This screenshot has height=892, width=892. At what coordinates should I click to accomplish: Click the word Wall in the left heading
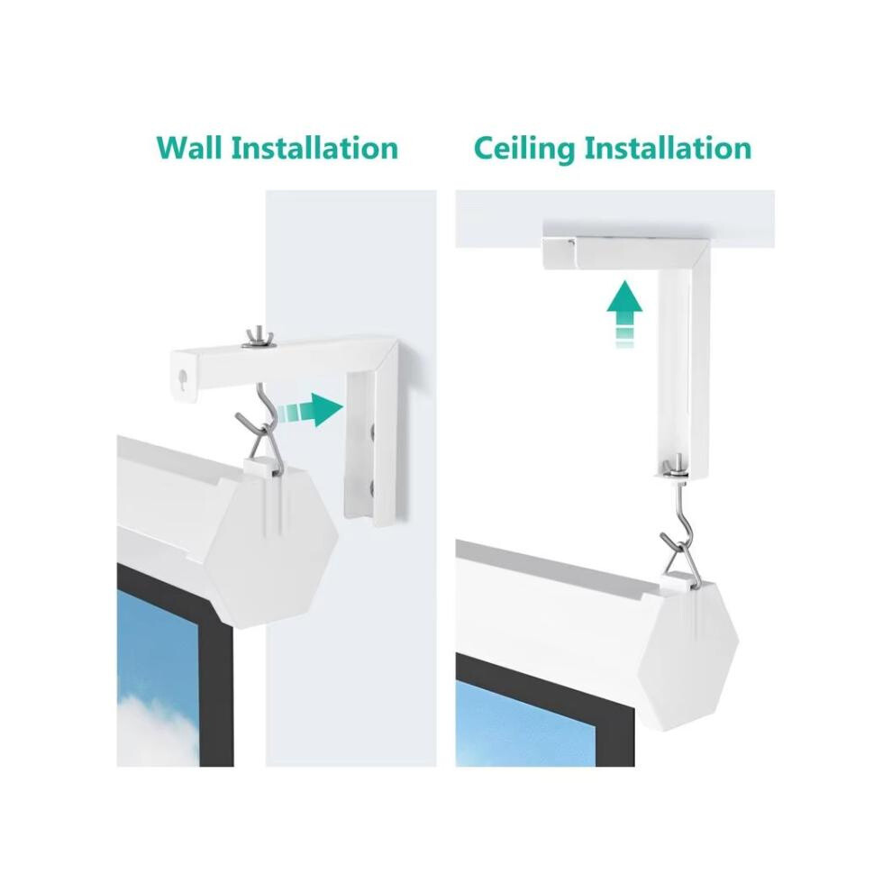(x=188, y=148)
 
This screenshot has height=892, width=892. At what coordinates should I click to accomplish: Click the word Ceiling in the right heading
(x=523, y=149)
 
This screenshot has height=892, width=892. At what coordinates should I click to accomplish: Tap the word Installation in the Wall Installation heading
(x=314, y=148)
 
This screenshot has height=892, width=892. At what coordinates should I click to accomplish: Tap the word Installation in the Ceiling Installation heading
(x=669, y=148)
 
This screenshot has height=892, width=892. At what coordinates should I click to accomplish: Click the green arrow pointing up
(x=624, y=312)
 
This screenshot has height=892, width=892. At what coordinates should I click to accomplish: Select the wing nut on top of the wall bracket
(x=258, y=338)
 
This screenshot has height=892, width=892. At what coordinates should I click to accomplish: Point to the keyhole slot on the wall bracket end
(x=183, y=378)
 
